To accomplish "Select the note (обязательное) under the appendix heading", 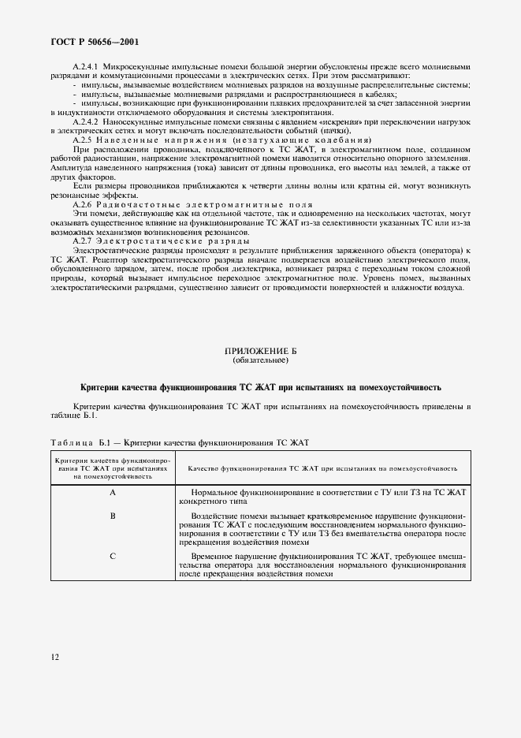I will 260,360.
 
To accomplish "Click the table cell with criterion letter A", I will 113,493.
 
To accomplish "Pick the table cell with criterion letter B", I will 113,516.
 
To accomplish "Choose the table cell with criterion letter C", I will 113,557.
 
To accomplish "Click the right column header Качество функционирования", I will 323,468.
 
